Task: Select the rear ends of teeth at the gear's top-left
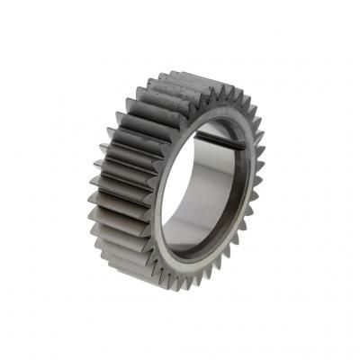point(148,83)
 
